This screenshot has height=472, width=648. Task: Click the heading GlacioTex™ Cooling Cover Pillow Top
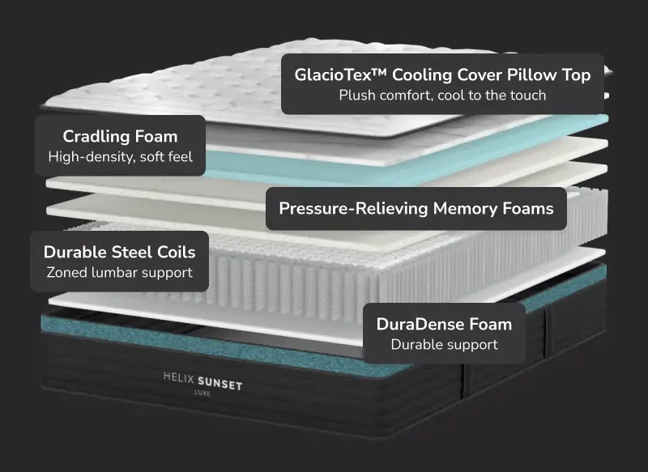[442, 74]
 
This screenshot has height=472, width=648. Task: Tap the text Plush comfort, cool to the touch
[442, 96]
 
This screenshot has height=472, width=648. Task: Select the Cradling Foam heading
[120, 136]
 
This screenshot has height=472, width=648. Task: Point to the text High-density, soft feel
[120, 157]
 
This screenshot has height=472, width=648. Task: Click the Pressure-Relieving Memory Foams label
[416, 208]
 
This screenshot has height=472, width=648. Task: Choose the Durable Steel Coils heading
[120, 252]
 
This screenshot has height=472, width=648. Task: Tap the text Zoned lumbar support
[120, 273]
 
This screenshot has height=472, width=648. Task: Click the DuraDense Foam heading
[444, 324]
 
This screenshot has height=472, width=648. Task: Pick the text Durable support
[444, 345]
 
